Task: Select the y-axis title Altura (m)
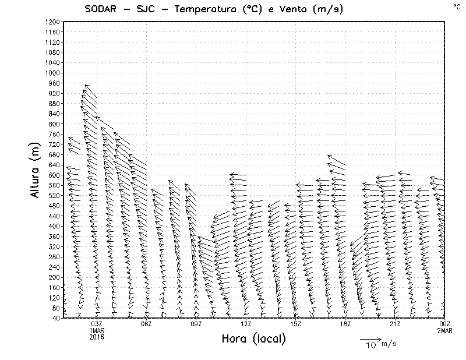click(36, 170)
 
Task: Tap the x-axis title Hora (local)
click(254, 339)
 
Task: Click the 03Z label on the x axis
click(97, 324)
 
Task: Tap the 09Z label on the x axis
click(196, 324)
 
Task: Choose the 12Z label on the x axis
click(246, 324)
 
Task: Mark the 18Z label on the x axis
click(345, 324)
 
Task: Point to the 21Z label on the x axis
click(395, 324)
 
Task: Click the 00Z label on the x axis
click(445, 324)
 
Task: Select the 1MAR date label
click(97, 330)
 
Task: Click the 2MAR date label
click(445, 330)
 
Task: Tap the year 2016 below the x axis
click(97, 337)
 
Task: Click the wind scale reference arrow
click(370, 338)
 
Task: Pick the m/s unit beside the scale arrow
click(389, 344)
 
